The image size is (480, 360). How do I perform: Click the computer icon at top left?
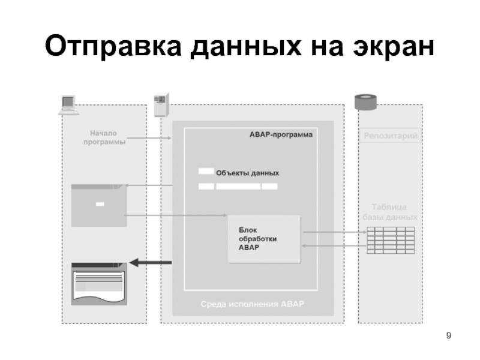click(67, 104)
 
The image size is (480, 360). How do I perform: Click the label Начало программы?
click(104, 137)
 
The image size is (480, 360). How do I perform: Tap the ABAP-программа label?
click(281, 135)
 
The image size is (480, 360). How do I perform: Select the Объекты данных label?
click(247, 173)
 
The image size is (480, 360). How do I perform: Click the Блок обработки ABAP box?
click(263, 239)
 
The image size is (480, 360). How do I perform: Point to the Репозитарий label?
click(390, 136)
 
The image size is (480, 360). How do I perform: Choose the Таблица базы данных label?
click(390, 212)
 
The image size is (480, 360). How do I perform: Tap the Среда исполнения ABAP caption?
click(252, 304)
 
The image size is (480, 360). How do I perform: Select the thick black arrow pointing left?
click(151, 262)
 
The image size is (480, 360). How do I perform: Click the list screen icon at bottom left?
click(98, 283)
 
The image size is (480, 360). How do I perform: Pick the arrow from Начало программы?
click(149, 138)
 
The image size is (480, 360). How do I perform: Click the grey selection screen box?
click(99, 205)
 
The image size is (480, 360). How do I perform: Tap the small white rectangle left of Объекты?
click(206, 172)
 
